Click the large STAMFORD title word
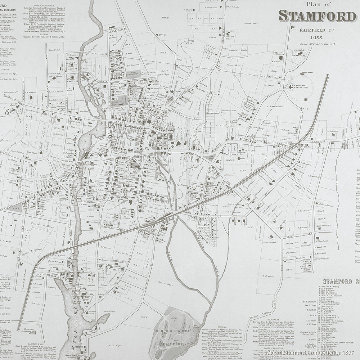(x=317, y=16)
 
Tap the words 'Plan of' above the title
(x=318, y=4)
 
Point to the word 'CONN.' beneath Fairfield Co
(x=317, y=37)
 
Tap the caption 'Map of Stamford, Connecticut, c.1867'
(x=312, y=353)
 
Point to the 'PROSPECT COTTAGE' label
(x=16, y=169)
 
